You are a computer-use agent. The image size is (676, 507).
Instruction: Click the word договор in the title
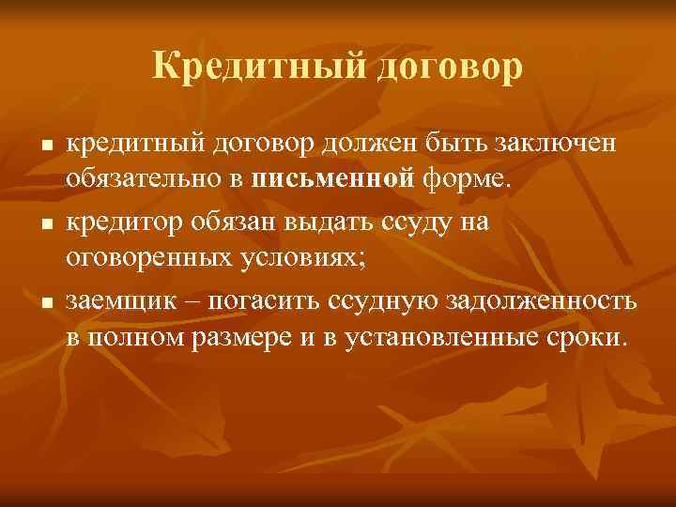(443, 67)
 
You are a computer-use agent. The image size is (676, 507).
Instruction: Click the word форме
(431, 179)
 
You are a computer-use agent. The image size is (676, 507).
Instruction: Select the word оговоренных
(149, 258)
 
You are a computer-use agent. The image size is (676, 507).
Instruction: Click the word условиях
(305, 258)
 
